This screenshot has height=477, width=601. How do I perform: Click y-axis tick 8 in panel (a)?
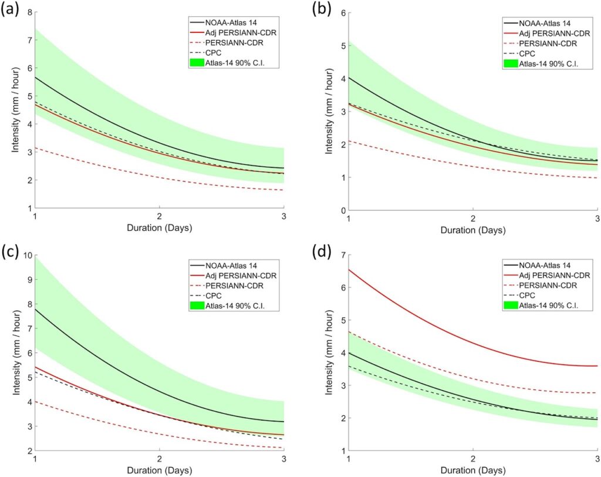tap(28, 12)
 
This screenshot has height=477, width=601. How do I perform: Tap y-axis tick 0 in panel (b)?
tap(343, 210)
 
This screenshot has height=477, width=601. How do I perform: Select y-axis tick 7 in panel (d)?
tap(343, 256)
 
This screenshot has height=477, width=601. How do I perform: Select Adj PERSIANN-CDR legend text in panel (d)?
tap(555, 275)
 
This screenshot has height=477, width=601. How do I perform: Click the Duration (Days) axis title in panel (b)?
tap(474, 230)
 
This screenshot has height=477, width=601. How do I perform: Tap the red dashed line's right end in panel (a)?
tap(283, 190)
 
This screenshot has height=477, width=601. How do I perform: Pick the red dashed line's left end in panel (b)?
tap(350, 141)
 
